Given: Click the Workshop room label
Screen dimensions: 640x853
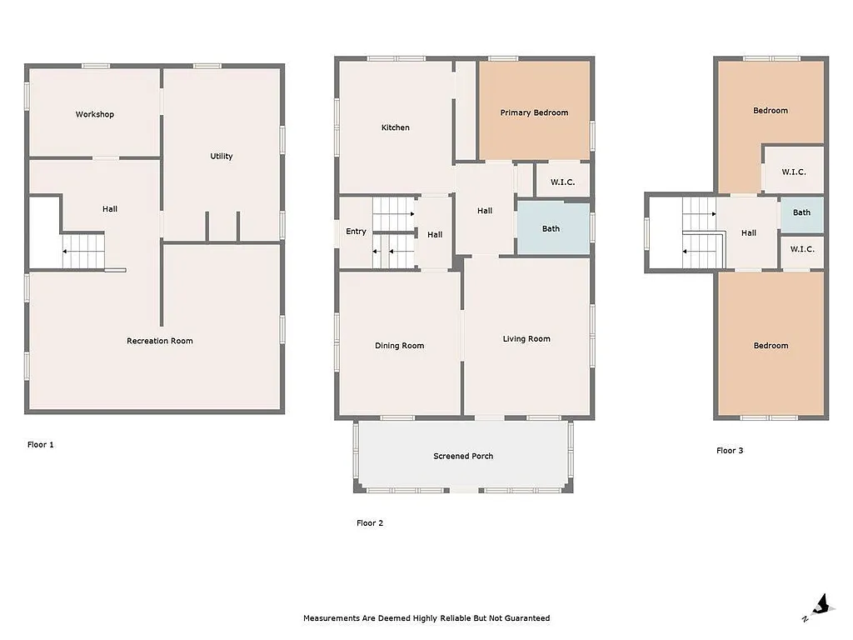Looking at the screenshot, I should [x=95, y=114].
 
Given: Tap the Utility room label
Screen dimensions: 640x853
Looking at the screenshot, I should [x=222, y=156].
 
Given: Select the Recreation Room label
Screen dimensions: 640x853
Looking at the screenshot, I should [x=160, y=341].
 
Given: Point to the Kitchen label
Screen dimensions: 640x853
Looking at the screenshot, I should [x=396, y=127].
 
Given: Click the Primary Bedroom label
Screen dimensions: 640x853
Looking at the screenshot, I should [x=534, y=112].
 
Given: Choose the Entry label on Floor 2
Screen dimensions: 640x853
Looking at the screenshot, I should [x=356, y=232].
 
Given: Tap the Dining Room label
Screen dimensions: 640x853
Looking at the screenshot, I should [x=400, y=346].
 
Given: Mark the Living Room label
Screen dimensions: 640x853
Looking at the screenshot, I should [x=526, y=339].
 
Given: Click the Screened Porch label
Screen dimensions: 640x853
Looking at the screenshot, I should [x=463, y=456].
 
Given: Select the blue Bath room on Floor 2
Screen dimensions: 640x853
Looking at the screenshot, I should [x=551, y=228].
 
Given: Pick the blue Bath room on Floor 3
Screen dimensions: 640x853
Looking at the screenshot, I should [x=801, y=212].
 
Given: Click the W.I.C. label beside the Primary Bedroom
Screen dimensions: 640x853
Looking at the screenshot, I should [x=563, y=182].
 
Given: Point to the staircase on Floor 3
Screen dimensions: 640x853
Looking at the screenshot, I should [x=700, y=233].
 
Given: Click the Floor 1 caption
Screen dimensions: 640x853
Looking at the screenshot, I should [x=41, y=445].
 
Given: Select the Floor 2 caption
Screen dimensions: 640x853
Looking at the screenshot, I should [x=370, y=523].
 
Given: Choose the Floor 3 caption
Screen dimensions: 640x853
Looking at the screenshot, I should [x=730, y=451].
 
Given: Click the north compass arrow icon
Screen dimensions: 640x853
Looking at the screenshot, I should [x=821, y=605].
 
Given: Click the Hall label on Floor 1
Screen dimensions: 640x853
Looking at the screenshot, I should [x=110, y=209].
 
